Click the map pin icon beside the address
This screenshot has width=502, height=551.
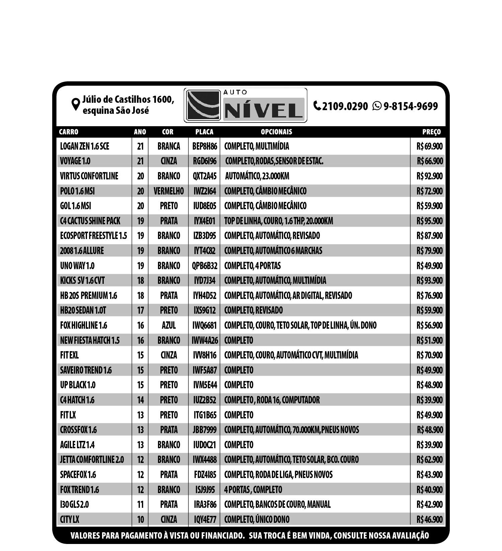click(x=76, y=104)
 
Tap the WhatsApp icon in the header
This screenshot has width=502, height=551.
click(x=377, y=106)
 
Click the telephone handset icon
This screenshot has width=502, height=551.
click(x=317, y=105)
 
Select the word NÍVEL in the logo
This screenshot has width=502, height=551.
click(x=263, y=111)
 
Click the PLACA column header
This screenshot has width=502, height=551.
click(x=204, y=132)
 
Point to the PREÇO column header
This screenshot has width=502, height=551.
click(x=431, y=132)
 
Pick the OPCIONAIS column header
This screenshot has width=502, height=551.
click(x=276, y=132)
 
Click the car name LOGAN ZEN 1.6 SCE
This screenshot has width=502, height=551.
click(x=85, y=146)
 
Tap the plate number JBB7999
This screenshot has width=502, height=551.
click(x=204, y=430)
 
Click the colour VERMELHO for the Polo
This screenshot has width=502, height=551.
click(x=169, y=191)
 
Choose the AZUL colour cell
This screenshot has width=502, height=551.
click(x=169, y=325)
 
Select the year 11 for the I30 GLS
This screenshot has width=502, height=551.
click(x=140, y=504)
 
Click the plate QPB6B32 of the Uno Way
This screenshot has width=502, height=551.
click(x=204, y=266)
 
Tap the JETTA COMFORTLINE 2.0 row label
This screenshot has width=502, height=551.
click(x=92, y=460)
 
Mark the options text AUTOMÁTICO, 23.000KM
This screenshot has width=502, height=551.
click(x=257, y=176)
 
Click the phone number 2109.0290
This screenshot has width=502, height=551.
click(x=345, y=106)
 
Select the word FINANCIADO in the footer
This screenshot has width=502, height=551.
click(x=222, y=536)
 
